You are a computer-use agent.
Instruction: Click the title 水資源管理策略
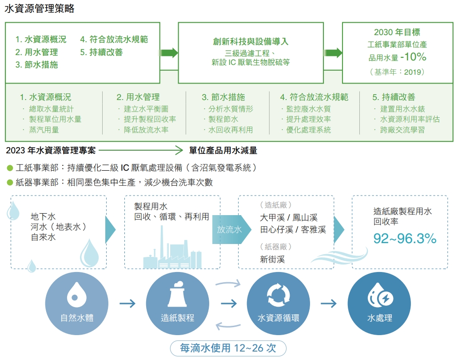tap(40, 8)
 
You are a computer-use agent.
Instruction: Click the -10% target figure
tap(413, 57)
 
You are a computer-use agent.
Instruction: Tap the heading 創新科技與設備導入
tap(251, 41)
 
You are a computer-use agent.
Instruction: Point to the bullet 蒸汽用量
tap(44, 130)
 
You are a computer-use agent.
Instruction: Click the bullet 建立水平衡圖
tap(146, 109)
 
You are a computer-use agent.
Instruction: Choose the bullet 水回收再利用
tap(231, 130)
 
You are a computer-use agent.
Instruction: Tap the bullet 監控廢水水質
tap(308, 109)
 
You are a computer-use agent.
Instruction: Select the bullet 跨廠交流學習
tap(402, 130)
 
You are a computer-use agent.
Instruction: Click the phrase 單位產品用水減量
tap(223, 151)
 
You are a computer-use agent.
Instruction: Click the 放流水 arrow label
tap(229, 230)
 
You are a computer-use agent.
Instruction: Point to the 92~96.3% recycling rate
tap(405, 238)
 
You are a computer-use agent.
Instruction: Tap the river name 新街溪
tap(272, 259)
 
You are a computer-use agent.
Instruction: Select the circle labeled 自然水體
tap(77, 304)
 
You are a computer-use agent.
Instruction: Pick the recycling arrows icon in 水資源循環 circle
tap(279, 295)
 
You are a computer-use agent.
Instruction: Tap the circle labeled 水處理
tap(379, 304)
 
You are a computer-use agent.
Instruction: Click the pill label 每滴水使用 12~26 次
tap(228, 348)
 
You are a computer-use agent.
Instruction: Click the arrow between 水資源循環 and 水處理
tap(329, 304)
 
